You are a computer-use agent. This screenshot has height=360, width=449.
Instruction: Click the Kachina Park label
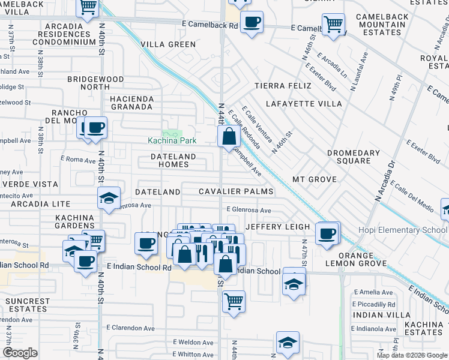(x=172, y=140)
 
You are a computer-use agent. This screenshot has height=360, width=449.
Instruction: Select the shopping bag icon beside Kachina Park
(x=229, y=136)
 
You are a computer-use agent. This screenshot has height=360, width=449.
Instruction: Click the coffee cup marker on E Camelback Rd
(x=252, y=22)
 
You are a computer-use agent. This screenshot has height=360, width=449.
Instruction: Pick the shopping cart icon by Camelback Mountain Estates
(x=333, y=24)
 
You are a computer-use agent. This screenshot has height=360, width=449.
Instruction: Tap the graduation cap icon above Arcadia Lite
(x=109, y=198)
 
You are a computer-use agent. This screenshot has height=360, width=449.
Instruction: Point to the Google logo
(x=20, y=353)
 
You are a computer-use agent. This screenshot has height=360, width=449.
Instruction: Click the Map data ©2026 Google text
(x=411, y=355)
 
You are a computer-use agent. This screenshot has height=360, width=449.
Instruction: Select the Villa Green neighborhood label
(x=164, y=44)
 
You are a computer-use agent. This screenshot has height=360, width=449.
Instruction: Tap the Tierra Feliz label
(x=283, y=86)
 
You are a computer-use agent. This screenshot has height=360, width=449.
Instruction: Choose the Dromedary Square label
(x=353, y=157)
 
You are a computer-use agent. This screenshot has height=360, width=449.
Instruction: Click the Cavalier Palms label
(x=237, y=191)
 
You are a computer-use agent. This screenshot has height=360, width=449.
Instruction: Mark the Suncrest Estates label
(x=28, y=305)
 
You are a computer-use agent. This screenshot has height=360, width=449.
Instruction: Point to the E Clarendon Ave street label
(x=131, y=328)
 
